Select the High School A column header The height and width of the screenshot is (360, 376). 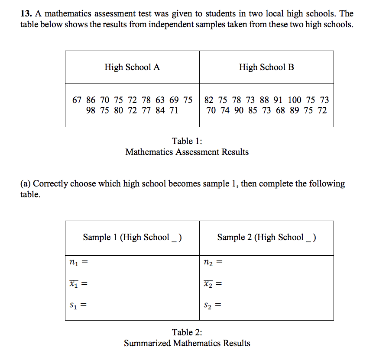[132, 67]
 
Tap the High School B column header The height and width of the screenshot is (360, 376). [266, 67]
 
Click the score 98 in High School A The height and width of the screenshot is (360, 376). [91, 110]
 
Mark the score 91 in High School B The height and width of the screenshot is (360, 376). [278, 100]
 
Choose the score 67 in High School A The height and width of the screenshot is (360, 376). [77, 100]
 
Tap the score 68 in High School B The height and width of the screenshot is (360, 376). [280, 110]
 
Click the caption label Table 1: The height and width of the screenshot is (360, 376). [187, 141]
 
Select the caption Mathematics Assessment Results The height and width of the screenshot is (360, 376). [187, 152]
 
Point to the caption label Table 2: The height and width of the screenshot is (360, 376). [187, 332]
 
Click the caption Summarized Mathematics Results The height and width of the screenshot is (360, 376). [187, 343]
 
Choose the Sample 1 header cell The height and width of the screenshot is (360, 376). [132, 237]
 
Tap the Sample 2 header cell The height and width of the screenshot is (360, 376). [266, 237]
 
